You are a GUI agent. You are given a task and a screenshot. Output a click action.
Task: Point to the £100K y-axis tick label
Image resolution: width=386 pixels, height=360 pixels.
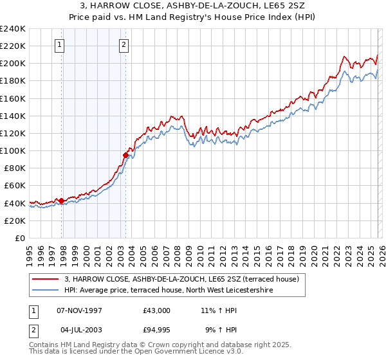[x=12, y=150]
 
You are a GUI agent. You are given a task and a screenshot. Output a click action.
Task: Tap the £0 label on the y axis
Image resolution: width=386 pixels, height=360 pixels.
[x=20, y=238]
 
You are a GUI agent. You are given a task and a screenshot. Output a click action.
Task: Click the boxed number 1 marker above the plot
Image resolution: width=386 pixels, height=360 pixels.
[x=59, y=45]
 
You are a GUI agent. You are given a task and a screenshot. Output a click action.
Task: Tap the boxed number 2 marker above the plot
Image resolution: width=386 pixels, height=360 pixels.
[x=123, y=45]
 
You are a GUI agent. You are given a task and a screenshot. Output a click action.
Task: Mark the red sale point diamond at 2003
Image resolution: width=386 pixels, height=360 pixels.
[x=125, y=155]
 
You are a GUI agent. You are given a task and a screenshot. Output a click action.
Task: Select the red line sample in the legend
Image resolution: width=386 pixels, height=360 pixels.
[x=46, y=280]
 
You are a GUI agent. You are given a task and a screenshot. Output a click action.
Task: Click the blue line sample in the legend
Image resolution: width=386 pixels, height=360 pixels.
[x=46, y=291]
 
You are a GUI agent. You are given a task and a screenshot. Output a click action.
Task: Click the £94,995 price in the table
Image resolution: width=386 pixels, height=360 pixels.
[x=157, y=332]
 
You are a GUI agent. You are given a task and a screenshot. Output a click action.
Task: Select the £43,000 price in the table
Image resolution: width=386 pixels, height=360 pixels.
[x=157, y=310]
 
